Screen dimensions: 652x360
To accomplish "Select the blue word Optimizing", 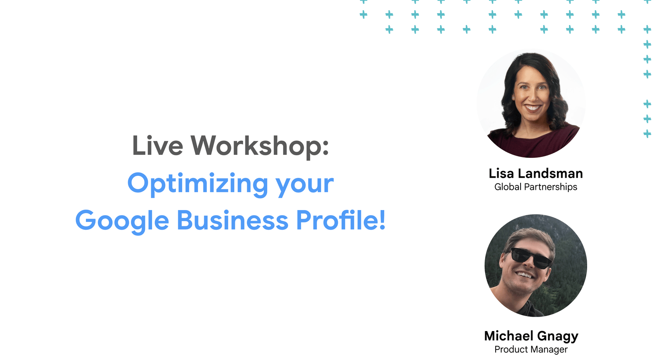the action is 198,184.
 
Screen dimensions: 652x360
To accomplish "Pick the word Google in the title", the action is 122,221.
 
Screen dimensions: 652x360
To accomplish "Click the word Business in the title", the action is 233,220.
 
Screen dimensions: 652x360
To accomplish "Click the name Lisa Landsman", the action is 535,173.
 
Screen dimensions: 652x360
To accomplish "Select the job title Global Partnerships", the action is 535,187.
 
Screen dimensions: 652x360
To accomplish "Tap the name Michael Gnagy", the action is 531,336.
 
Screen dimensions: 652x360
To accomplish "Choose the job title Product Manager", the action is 531,349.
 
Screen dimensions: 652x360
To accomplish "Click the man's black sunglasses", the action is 531,258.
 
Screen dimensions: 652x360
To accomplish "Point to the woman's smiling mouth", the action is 532,108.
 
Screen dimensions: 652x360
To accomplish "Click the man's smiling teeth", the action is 525,274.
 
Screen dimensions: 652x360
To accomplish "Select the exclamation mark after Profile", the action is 382,220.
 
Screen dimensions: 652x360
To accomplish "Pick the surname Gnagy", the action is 558,337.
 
